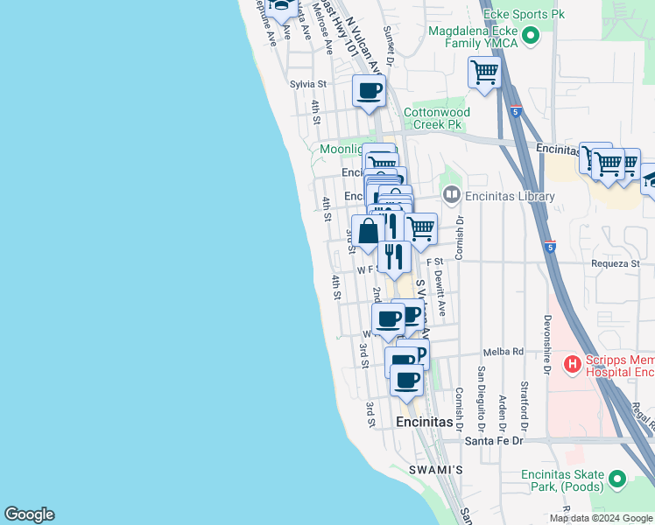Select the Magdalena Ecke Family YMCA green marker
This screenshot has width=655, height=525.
tap(531, 36)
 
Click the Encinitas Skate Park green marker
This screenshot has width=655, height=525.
tap(618, 479)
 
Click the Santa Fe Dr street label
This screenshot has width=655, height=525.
tap(493, 440)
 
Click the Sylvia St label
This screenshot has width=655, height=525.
tap(307, 85)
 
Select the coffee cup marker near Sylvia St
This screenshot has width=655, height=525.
tap(369, 89)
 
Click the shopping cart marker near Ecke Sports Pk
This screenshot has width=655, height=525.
tap(483, 72)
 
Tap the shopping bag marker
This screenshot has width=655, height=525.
tap(369, 231)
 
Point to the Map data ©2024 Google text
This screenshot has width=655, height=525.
tap(601, 518)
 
